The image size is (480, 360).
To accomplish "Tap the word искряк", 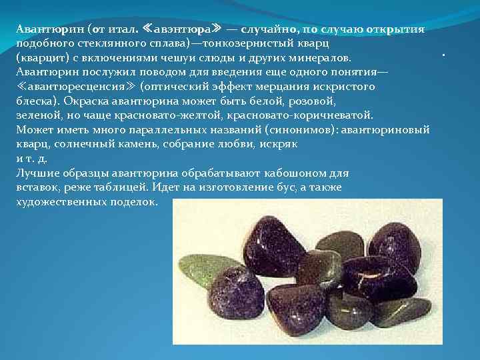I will click(x=279, y=144).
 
